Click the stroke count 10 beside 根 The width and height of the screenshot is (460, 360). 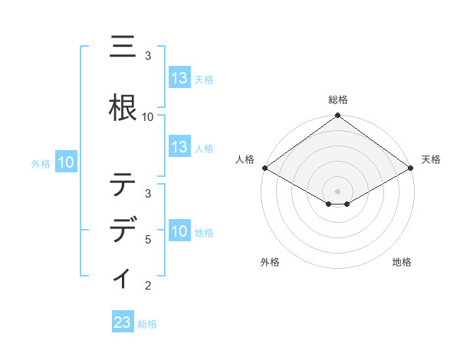click(148, 117)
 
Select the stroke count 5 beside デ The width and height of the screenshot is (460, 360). click(148, 239)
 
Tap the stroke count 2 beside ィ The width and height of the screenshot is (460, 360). click(148, 286)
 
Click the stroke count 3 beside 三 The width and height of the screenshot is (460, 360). click(148, 56)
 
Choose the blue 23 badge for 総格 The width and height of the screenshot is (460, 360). click(122, 322)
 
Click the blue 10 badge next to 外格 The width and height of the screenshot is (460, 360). click(65, 162)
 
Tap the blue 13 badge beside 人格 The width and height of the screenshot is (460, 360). click(179, 147)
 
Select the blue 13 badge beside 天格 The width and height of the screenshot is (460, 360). click(179, 78)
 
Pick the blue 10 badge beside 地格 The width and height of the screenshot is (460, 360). click(179, 231)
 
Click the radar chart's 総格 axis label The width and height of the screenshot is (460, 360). click(338, 100)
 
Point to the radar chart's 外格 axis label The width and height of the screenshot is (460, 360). click(270, 263)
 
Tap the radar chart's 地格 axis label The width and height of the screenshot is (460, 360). click(402, 263)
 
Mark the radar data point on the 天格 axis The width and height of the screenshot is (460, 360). click(412, 168)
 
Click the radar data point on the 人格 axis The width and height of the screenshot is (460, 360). click(264, 168)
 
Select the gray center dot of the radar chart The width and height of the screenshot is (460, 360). click(338, 191)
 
